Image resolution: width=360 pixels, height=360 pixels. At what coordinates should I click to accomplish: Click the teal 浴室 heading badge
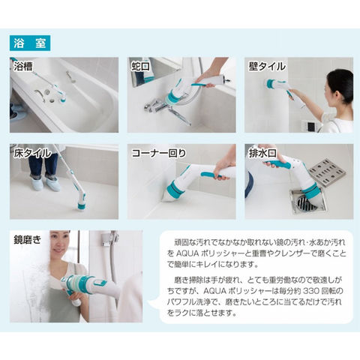click(x=30, y=43)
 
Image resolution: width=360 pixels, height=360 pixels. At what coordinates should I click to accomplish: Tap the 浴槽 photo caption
click(x=23, y=67)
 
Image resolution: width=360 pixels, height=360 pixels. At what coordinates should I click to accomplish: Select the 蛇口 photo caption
click(x=140, y=67)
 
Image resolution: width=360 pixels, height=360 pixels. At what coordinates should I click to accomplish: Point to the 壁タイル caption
click(x=267, y=67)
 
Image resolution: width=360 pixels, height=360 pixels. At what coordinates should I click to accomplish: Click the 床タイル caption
click(x=32, y=153)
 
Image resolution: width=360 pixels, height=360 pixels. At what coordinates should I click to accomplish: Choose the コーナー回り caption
click(x=159, y=153)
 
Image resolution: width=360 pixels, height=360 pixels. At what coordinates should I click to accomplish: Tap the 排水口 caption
click(x=262, y=153)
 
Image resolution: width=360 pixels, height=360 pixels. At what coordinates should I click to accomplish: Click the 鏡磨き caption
click(x=28, y=240)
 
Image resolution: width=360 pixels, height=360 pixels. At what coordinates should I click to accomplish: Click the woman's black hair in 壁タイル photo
click(x=341, y=85)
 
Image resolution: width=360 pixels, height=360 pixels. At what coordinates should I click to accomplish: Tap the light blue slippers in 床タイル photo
click(x=46, y=183)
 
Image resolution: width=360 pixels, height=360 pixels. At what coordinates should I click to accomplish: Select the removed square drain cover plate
click(x=327, y=172)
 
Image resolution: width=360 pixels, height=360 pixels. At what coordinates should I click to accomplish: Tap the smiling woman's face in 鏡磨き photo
click(x=59, y=243)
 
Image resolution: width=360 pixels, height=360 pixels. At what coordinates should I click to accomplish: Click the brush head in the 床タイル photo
click(x=81, y=202)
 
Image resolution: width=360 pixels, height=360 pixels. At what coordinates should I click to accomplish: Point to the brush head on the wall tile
click(x=271, y=84)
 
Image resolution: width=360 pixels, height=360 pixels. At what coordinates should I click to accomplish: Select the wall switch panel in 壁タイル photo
click(x=310, y=126)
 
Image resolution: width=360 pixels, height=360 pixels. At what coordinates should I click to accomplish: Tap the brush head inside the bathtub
click(x=61, y=97)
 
